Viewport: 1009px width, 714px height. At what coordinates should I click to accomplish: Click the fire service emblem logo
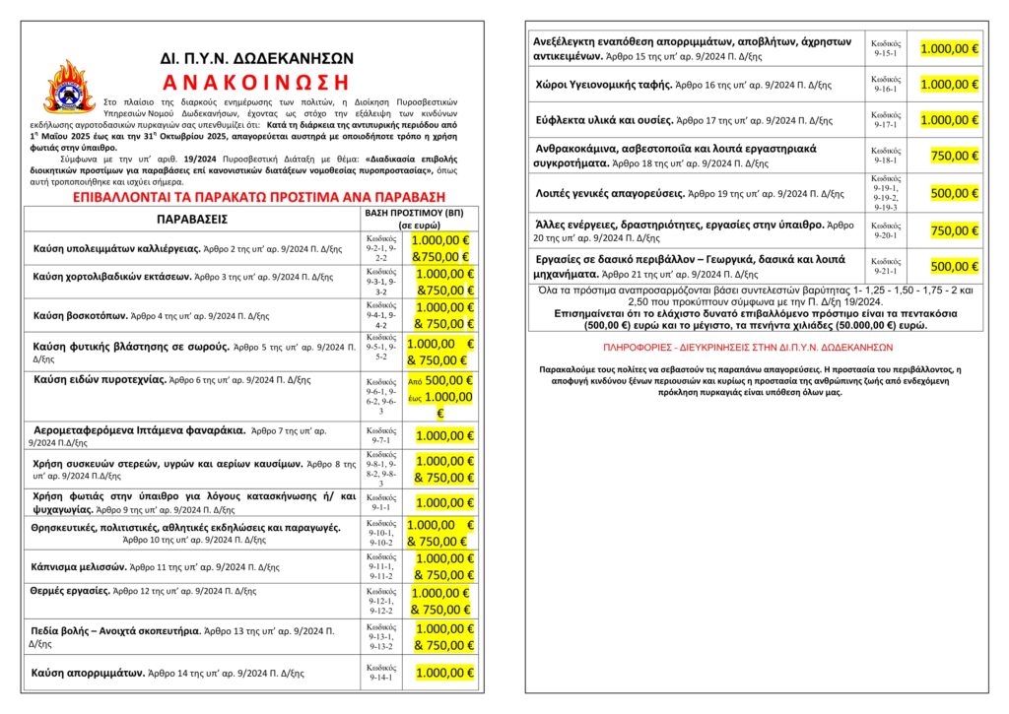(69, 90)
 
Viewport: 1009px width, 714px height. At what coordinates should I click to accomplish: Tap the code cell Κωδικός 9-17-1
(886, 120)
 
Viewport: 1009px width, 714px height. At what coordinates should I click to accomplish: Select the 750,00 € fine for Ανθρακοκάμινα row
(953, 156)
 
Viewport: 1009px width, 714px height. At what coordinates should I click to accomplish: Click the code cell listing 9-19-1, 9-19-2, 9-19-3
(886, 193)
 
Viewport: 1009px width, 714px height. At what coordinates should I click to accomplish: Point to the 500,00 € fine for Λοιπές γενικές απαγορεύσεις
(953, 193)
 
